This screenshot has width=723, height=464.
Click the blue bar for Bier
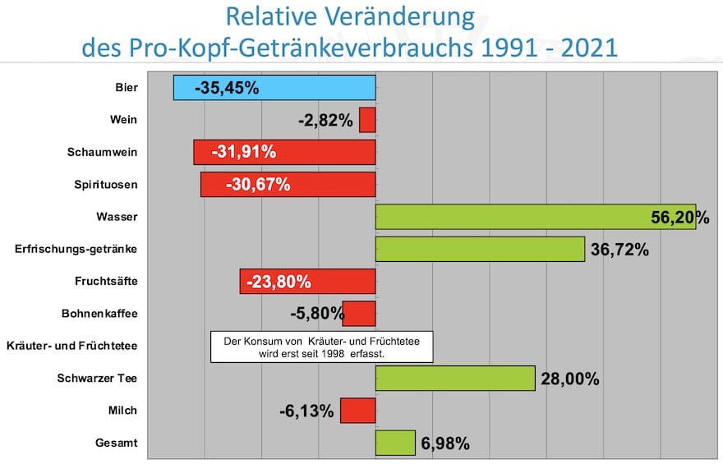[x=274, y=88]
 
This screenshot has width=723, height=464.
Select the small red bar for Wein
[x=367, y=120]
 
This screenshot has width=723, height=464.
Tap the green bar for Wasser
[x=535, y=217]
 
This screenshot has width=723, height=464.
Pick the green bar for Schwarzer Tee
[x=455, y=379]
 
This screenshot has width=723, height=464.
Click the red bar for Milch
[x=357, y=411]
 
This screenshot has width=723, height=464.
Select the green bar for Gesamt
[x=395, y=443]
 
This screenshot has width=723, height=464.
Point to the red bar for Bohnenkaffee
[x=359, y=314]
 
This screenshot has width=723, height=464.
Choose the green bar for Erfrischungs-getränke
[x=480, y=249]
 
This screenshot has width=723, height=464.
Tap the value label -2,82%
[x=325, y=121]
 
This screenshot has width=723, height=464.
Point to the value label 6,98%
[x=445, y=444]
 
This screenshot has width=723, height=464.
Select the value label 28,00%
[x=569, y=379]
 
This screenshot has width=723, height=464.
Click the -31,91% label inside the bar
[x=243, y=152]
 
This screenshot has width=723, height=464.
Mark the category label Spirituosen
[x=105, y=185]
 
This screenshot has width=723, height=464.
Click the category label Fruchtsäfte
[x=106, y=282]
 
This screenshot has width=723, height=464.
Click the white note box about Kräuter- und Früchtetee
[x=321, y=347]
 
